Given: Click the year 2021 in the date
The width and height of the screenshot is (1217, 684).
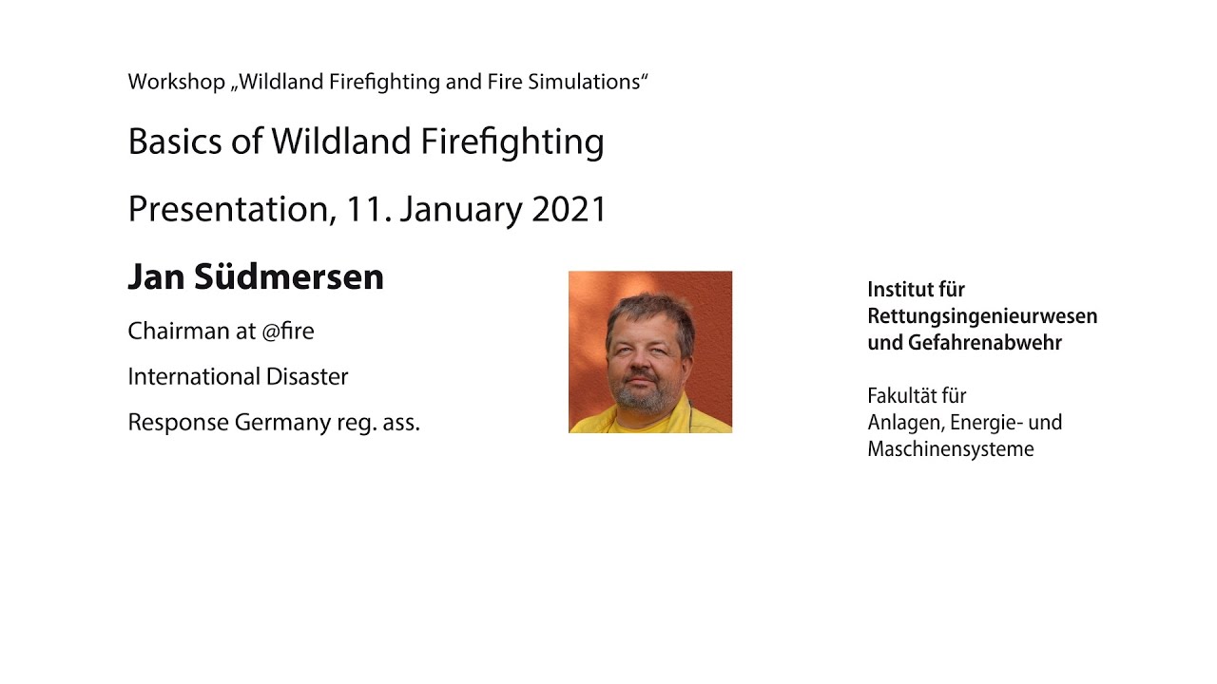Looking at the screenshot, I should [569, 210].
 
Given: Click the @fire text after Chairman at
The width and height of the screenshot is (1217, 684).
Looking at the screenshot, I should [288, 331].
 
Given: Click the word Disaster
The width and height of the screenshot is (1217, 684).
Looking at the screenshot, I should [307, 376].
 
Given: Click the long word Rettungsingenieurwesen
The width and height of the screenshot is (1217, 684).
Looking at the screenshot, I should [982, 316].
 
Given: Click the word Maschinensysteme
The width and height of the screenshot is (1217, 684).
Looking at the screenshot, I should [950, 449].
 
